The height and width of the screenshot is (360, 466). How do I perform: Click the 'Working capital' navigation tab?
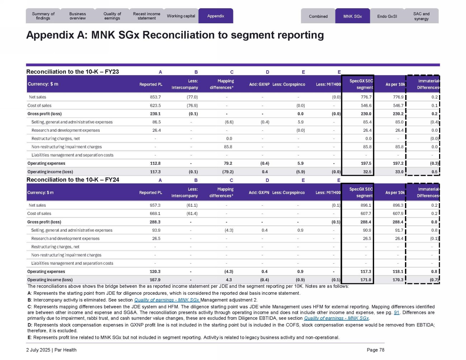(x=181, y=16)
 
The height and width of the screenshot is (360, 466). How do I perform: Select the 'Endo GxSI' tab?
(x=387, y=16)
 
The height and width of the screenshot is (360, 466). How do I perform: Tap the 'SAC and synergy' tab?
(x=421, y=16)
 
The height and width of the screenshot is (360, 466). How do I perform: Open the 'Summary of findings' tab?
(x=43, y=16)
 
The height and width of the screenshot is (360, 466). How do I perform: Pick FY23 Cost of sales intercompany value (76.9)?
(x=192, y=106)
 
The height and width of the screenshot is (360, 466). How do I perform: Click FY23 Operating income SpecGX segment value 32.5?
(x=367, y=172)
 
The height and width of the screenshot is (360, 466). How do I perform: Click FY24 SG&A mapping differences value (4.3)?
(x=229, y=230)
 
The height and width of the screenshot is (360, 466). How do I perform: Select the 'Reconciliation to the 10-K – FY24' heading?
(x=73, y=180)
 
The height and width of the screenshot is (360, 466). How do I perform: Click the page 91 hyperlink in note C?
(x=396, y=313)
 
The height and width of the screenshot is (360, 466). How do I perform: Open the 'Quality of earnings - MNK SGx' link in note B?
(x=167, y=300)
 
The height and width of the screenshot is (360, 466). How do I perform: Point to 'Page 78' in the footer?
(x=375, y=350)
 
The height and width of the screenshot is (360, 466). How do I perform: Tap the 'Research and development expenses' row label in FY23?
(x=66, y=130)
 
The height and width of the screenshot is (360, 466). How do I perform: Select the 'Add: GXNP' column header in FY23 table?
(x=259, y=85)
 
